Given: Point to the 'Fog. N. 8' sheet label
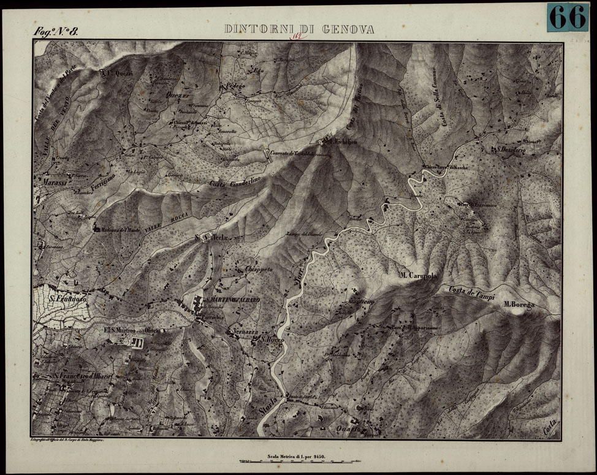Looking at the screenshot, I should [56, 32].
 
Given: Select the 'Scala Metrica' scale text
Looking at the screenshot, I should [296, 455].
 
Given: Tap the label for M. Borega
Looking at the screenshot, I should [519, 304].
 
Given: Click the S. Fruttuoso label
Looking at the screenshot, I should [67, 298].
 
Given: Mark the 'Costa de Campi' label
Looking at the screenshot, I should [472, 291].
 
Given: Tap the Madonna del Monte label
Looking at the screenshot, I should [123, 230].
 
